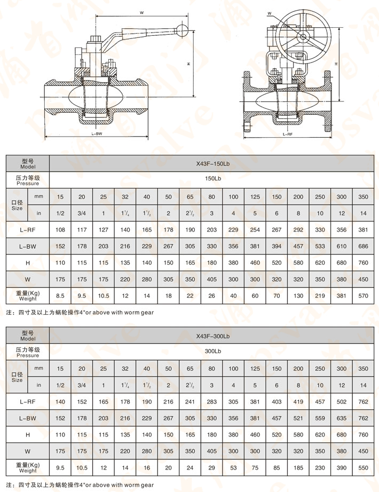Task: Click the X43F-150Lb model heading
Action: pyautogui.click(x=212, y=164)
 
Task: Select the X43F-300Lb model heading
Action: pyautogui.click(x=212, y=336)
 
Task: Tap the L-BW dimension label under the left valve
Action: pyautogui.click(x=96, y=134)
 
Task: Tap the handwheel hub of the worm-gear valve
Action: pyautogui.click(x=303, y=36)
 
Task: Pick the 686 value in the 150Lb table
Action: pyautogui.click(x=363, y=247)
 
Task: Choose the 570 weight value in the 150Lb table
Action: pyautogui.click(x=363, y=296)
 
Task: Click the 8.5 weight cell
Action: pyautogui.click(x=60, y=296)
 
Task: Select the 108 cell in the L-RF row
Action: pyautogui.click(x=60, y=230)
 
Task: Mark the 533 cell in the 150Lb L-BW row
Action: pyautogui.click(x=320, y=247)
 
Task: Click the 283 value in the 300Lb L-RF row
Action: pyautogui.click(x=211, y=402)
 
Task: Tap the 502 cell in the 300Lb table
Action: pyautogui.click(x=342, y=402)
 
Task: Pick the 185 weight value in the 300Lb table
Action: pyautogui.click(x=298, y=468)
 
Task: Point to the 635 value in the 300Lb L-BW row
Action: pyautogui.click(x=342, y=419)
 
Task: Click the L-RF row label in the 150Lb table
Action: pyautogui.click(x=27, y=230)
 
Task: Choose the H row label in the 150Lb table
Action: pyautogui.click(x=27, y=263)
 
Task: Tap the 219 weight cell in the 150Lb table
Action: pyautogui.click(x=320, y=296)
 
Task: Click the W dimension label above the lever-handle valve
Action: pyautogui.click(x=141, y=12)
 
